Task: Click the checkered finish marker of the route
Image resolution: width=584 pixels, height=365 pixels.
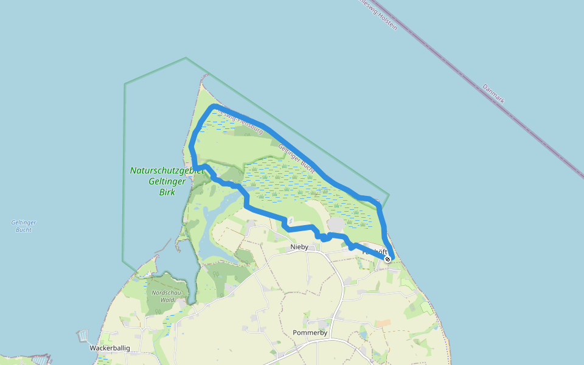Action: click(x=388, y=259)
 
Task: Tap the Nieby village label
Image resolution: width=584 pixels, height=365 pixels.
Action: click(x=299, y=247)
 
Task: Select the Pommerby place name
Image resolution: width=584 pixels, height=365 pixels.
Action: click(x=310, y=333)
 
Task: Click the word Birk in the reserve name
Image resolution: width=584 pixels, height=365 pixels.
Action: click(x=167, y=192)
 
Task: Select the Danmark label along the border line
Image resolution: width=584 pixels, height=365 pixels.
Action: click(x=493, y=93)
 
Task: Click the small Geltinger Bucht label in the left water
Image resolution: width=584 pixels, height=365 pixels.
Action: click(x=24, y=226)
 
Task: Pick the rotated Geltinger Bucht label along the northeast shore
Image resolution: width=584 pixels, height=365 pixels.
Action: click(x=296, y=157)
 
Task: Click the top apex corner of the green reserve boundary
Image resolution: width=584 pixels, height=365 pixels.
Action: click(x=186, y=58)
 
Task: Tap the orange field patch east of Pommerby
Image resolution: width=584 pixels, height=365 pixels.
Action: click(x=383, y=323)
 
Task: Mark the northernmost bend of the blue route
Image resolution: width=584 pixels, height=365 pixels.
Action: click(x=214, y=107)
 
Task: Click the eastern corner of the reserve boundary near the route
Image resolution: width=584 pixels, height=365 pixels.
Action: click(x=389, y=195)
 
